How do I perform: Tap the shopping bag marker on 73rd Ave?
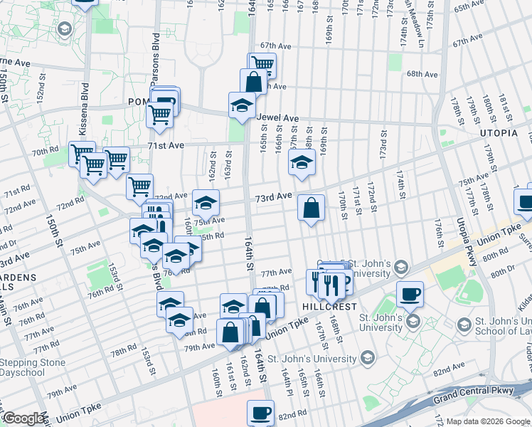[311, 209]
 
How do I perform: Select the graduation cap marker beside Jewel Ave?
[242, 107]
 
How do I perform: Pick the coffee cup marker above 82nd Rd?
[261, 412]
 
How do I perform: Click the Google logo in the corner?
[23, 418]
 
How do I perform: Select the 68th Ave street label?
[422, 74]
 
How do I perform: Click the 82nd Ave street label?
[448, 371]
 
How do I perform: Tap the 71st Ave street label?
[165, 145]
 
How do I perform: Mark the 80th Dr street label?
[501, 272]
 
